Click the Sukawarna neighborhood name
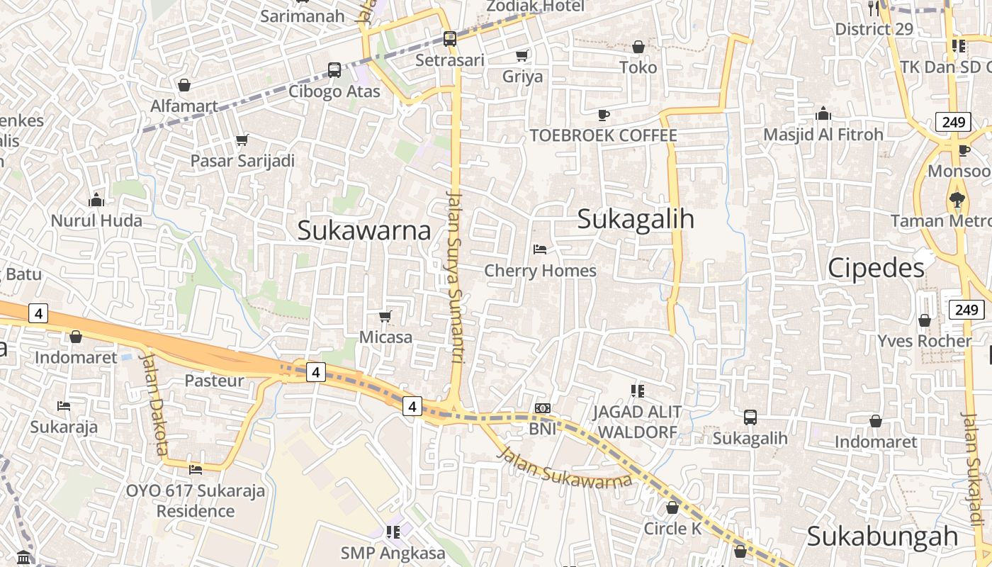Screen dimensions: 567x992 click(x=364, y=230)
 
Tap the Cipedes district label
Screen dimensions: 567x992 click(x=876, y=268)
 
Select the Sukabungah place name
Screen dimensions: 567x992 click(x=882, y=537)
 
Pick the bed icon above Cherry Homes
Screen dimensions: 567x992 click(x=540, y=249)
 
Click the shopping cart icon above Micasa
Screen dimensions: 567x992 click(x=385, y=316)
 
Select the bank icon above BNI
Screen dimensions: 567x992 click(x=543, y=408)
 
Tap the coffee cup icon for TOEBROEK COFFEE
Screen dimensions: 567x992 click(x=604, y=114)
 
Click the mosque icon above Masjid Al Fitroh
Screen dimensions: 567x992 click(x=823, y=113)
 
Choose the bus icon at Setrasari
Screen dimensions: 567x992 click(x=450, y=38)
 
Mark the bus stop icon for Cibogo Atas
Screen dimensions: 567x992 click(x=334, y=70)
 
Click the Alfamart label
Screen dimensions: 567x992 click(x=184, y=106)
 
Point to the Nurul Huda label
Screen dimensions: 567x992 click(x=96, y=220)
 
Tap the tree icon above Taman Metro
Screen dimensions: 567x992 click(x=957, y=200)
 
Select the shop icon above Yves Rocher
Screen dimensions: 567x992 click(x=925, y=320)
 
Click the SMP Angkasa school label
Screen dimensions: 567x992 click(x=393, y=553)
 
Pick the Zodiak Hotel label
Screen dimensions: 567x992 click(x=535, y=6)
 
